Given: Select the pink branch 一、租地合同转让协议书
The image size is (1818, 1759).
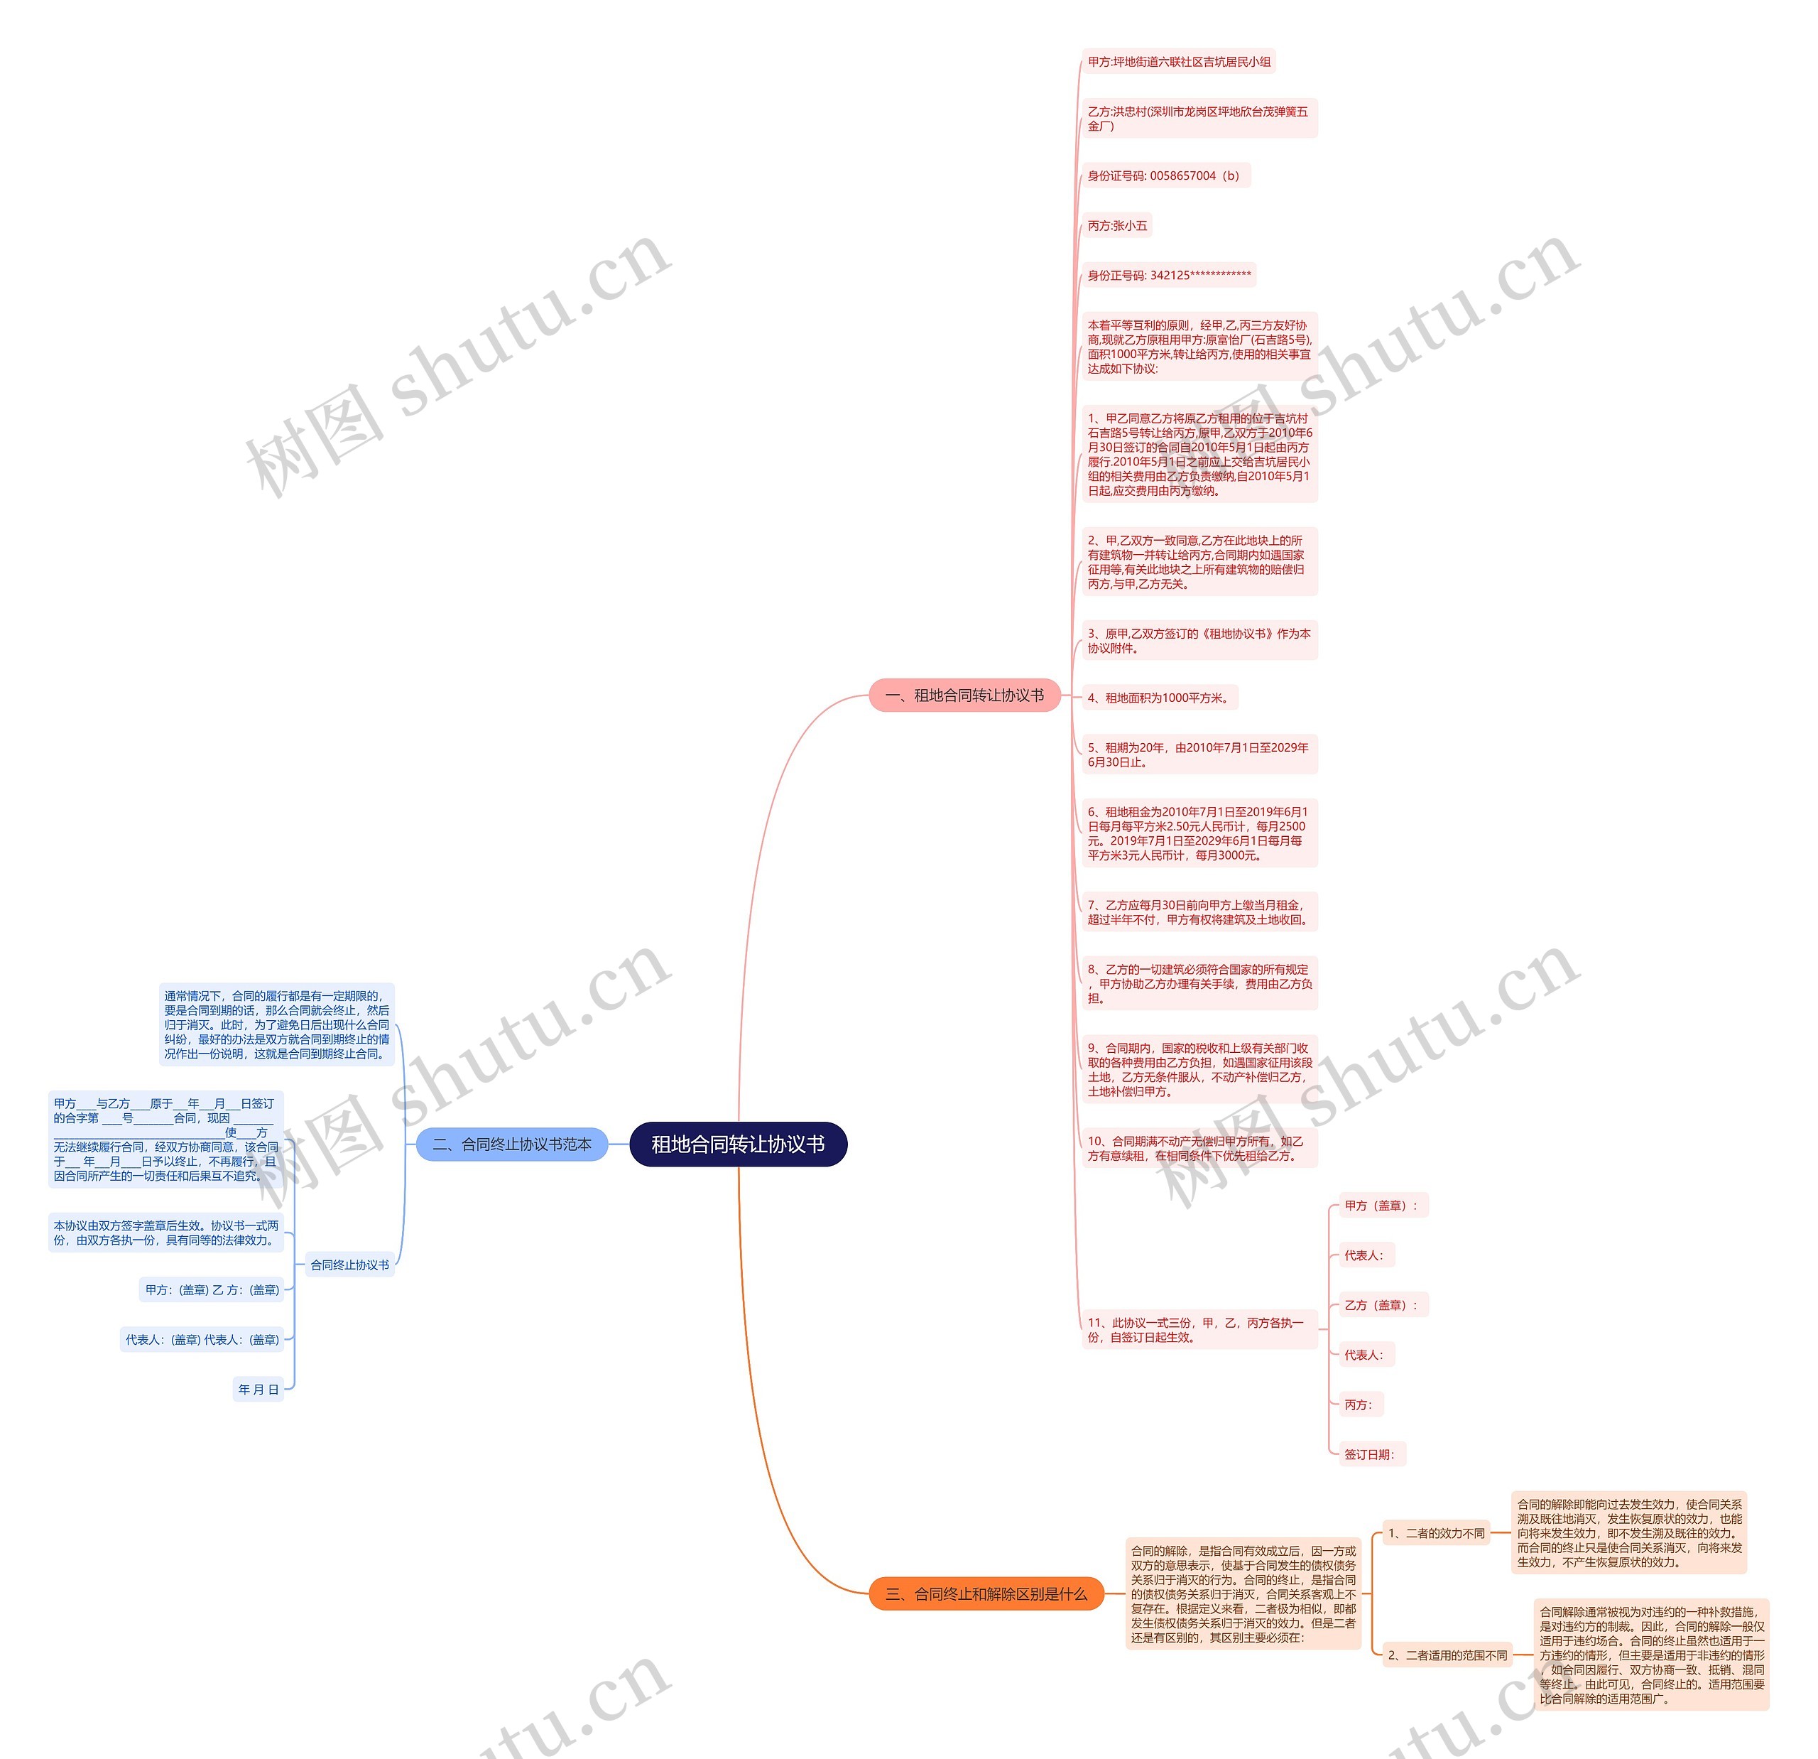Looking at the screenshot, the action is tap(964, 695).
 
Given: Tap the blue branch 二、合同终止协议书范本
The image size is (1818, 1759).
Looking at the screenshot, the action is tap(511, 1144).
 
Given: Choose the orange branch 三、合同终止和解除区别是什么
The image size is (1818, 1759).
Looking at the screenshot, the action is tap(985, 1594).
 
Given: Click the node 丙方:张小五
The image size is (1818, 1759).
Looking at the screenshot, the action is tap(1117, 225).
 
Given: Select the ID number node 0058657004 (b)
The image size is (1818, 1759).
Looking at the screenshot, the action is tap(1164, 175).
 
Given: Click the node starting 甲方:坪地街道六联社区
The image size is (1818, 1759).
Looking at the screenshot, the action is tap(1179, 62).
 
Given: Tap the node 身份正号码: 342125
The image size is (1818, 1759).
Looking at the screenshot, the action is tap(1169, 275).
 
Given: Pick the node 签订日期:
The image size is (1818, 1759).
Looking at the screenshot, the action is tap(1369, 1454).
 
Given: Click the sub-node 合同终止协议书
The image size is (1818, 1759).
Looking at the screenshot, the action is tap(349, 1265).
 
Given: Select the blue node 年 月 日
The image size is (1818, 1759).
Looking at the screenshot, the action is tap(258, 1389).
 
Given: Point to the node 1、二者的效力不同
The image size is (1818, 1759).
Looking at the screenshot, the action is tap(1435, 1532).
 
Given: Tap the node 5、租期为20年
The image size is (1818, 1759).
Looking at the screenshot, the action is tap(1199, 754).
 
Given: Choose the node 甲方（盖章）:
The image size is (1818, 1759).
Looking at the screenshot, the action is tap(1381, 1205).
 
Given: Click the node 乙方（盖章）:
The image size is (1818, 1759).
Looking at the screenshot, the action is tap(1381, 1304).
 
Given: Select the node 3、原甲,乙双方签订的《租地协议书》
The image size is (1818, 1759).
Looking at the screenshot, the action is tap(1199, 640).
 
